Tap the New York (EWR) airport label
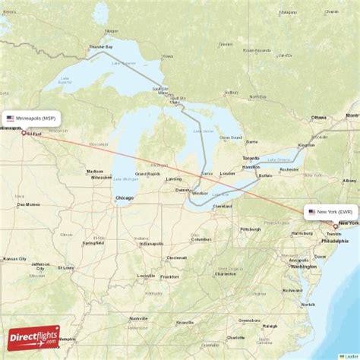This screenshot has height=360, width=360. click(332, 211)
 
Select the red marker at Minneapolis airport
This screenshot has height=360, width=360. click(24, 134)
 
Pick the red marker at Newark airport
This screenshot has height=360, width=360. click(336, 226)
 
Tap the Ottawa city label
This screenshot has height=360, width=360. click(318, 118)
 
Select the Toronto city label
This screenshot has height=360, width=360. click(251, 157)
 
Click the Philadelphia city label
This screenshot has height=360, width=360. click(334, 241)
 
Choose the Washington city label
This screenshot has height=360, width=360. click(303, 267)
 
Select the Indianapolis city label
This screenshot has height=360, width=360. click(150, 245)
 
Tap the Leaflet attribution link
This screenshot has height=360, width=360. click(348, 355)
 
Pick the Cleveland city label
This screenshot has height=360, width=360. click(223, 206)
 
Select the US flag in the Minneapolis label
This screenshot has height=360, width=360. click(11, 119)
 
